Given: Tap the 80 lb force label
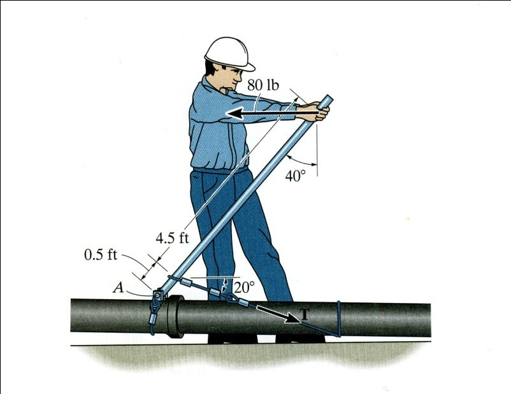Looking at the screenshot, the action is pyautogui.click(x=263, y=85).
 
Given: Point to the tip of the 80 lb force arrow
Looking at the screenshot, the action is pyautogui.click(x=227, y=113).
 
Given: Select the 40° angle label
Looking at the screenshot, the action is pyautogui.click(x=296, y=176).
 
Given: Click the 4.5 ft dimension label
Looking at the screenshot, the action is pyautogui.click(x=172, y=238).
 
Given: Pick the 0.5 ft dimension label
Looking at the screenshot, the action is pyautogui.click(x=101, y=255).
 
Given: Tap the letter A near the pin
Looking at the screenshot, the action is pyautogui.click(x=118, y=288).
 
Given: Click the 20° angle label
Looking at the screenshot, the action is pyautogui.click(x=244, y=287).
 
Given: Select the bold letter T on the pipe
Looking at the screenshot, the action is pyautogui.click(x=304, y=314).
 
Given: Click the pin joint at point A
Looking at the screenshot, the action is pyautogui.click(x=158, y=296).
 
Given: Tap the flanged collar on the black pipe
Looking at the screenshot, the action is pyautogui.click(x=176, y=317).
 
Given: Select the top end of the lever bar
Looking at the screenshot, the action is pyautogui.click(x=329, y=97).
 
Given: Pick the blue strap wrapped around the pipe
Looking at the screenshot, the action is pyautogui.click(x=339, y=319).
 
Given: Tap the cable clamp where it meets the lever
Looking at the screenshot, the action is pyautogui.click(x=170, y=278).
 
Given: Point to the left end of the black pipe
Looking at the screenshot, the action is pyautogui.click(x=71, y=315).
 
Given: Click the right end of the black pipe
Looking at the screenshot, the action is pyautogui.click(x=429, y=320).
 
